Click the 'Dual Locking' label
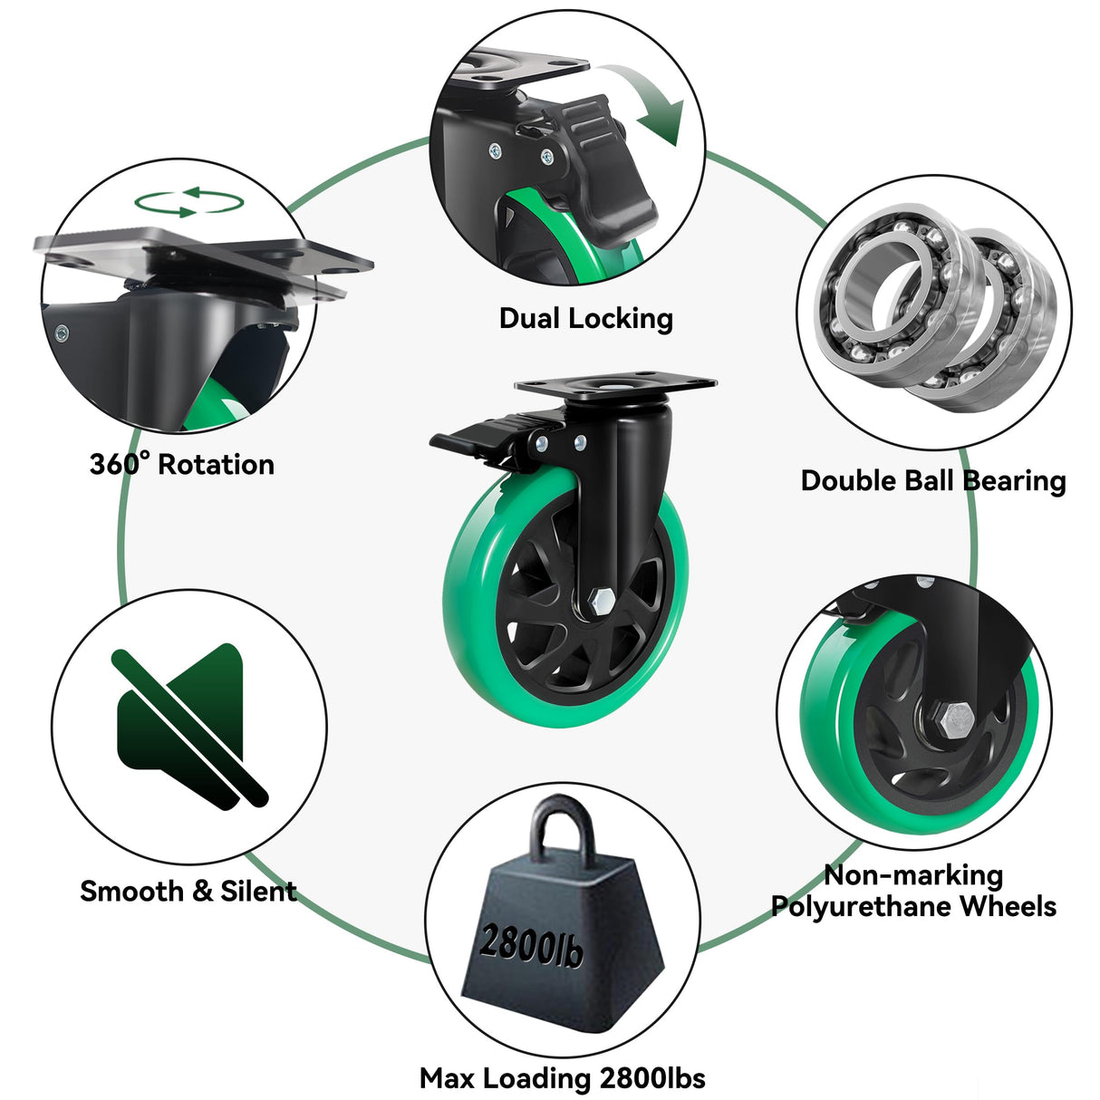[x=585, y=318]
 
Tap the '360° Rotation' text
[x=181, y=465]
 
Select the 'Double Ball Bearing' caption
[x=932, y=480]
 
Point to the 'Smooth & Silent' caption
[x=188, y=891]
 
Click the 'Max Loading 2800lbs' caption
[x=562, y=1077]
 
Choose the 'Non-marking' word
[x=913, y=874]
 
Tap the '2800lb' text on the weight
[x=531, y=946]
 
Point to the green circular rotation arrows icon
[x=189, y=202]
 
